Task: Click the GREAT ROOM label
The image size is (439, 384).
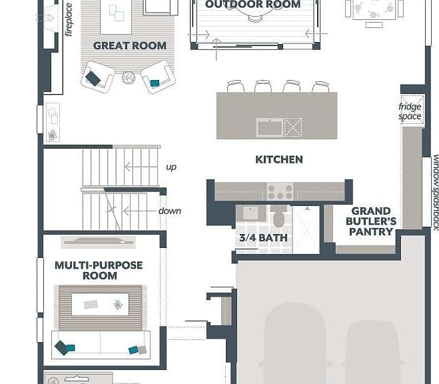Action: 130,45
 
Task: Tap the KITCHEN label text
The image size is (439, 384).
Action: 279,159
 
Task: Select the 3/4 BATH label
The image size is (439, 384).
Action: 263,238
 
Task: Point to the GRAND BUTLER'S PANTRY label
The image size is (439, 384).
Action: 371,221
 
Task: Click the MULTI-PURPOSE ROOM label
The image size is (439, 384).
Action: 99,270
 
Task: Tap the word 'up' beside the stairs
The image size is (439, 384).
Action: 171,167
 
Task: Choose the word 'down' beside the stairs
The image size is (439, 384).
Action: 170,211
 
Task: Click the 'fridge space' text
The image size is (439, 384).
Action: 410,111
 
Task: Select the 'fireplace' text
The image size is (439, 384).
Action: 69,19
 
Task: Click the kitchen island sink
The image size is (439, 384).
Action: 270,128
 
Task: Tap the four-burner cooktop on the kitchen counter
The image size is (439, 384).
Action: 280,191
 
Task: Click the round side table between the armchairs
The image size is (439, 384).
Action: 129,77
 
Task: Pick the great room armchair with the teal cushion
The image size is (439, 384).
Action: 158,77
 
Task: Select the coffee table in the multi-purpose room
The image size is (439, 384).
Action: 100,305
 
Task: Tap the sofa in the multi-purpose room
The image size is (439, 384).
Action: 101,345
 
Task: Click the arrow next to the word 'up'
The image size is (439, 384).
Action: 141,167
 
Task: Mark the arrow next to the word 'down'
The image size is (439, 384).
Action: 140,211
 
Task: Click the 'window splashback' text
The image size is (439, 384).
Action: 436,193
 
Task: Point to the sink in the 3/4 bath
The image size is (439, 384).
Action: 250,213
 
